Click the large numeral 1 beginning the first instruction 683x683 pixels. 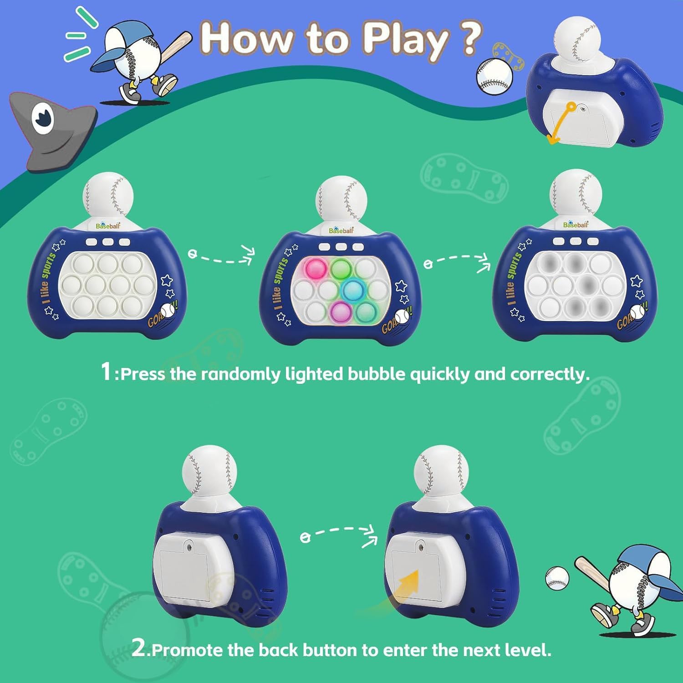pyautogui.click(x=106, y=372)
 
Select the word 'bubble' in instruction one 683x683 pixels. pyautogui.click(x=376, y=374)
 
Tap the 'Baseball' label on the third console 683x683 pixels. pyautogui.click(x=576, y=225)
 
